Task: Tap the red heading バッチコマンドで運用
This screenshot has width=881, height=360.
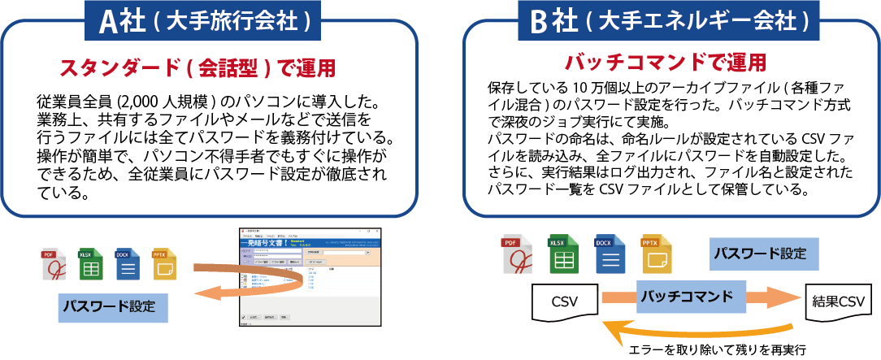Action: point(665,62)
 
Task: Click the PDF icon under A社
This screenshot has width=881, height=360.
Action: point(54,265)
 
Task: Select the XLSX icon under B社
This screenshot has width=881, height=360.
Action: point(558,254)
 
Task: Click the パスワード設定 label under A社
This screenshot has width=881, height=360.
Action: point(113,308)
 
